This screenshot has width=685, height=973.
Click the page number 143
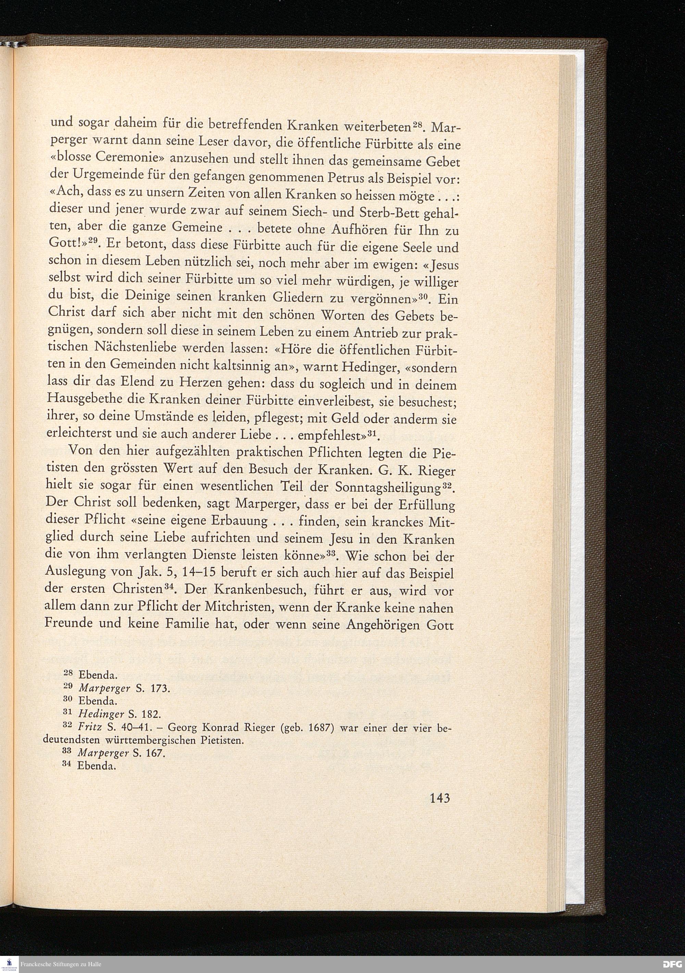click(439, 799)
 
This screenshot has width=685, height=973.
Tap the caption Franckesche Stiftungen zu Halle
click(61, 965)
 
